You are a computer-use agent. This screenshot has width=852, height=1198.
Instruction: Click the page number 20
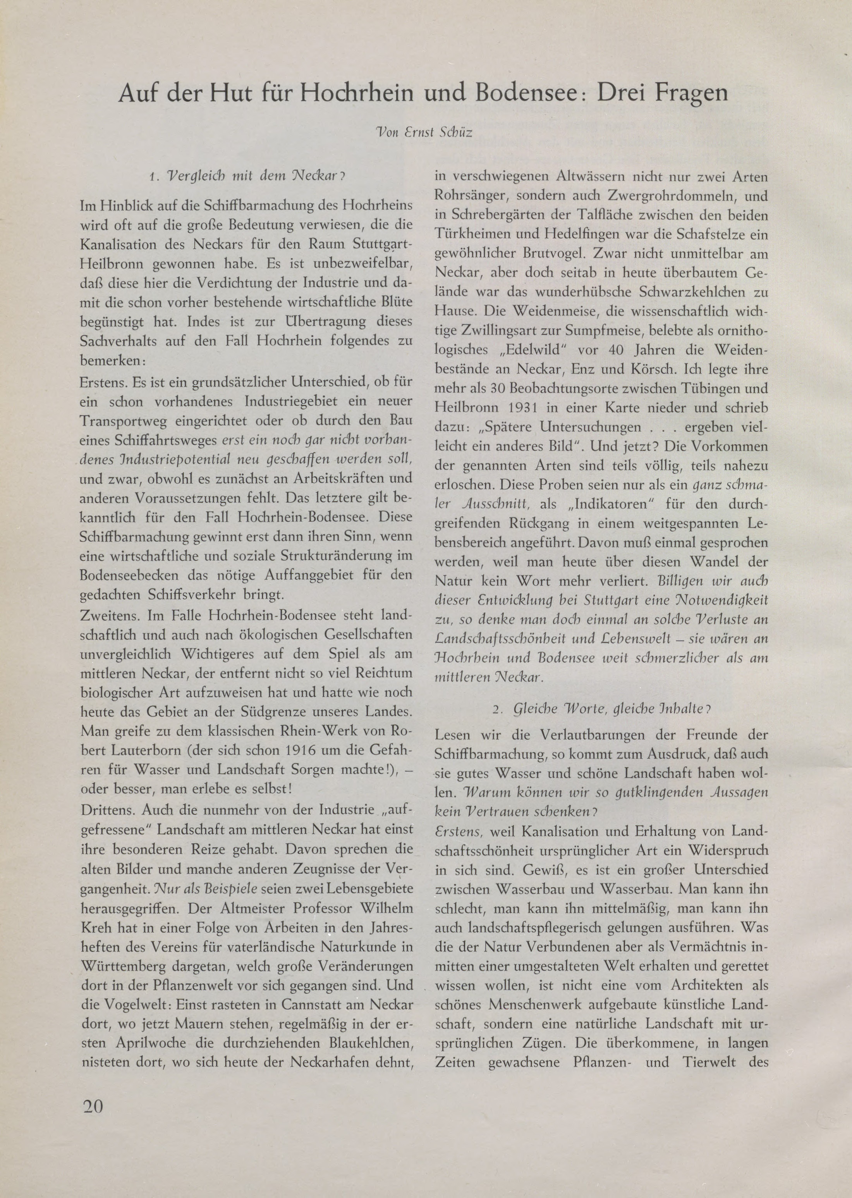point(93,1106)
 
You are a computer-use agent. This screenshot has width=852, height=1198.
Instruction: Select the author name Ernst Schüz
point(442,132)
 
